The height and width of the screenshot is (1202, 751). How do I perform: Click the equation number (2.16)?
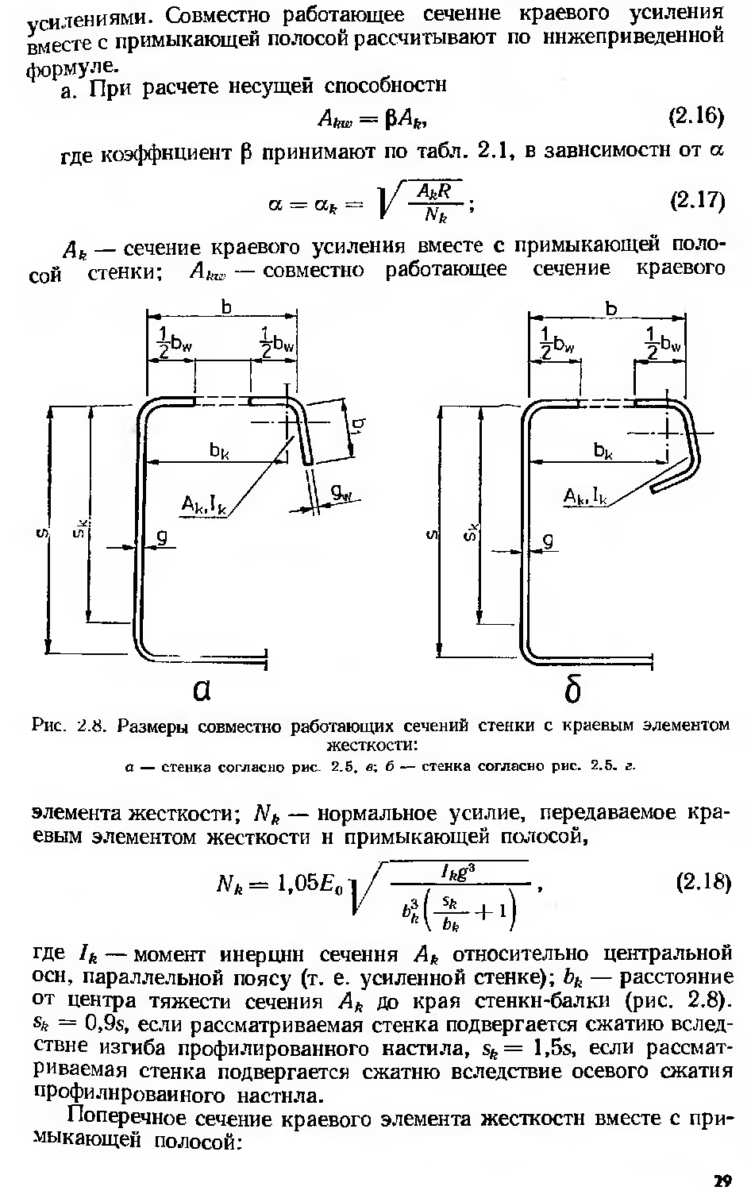(x=697, y=118)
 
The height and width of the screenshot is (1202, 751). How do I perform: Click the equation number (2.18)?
(x=702, y=882)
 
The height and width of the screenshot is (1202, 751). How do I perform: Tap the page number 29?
(x=721, y=1181)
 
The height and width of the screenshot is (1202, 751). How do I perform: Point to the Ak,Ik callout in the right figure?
(x=585, y=497)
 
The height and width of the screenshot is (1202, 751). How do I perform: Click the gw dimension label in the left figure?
(x=341, y=495)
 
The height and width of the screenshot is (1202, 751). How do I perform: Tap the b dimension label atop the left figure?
(x=226, y=307)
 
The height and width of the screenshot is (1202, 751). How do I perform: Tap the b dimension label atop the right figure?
(x=610, y=307)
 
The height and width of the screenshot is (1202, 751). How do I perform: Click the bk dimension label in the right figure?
(x=603, y=450)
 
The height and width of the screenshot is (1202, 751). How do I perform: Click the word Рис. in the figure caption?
(x=50, y=726)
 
